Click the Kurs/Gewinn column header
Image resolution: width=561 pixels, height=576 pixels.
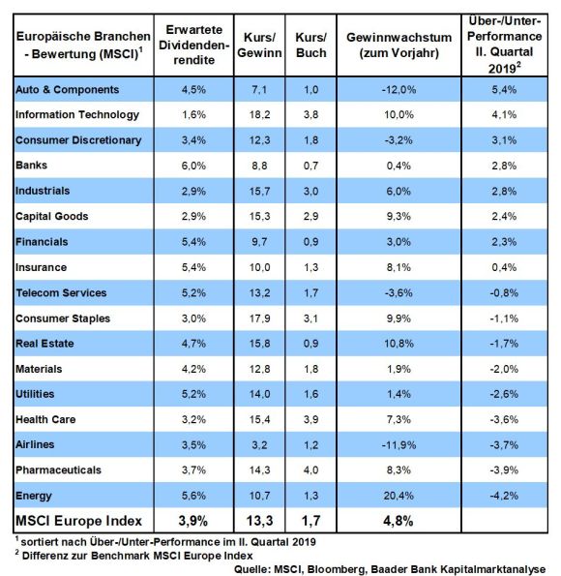tap(259, 45)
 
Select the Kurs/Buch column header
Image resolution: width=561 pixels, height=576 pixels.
tap(310, 45)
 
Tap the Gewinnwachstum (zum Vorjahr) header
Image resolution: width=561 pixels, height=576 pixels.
tap(399, 45)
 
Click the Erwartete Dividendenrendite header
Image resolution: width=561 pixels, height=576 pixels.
tap(193, 45)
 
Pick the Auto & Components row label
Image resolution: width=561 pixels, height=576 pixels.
tap(67, 90)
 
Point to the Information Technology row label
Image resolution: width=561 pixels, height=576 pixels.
tap(77, 115)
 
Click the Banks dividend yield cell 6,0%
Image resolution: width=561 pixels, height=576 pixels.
tap(193, 166)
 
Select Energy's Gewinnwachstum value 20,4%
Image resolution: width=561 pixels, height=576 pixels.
tap(399, 496)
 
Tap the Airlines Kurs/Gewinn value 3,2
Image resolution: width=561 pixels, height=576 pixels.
tap(259, 445)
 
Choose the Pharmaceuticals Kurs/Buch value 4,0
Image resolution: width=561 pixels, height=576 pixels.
tap(310, 470)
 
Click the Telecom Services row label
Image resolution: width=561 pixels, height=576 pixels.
tap(61, 292)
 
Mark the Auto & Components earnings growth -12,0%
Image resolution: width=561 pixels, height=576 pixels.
tap(399, 90)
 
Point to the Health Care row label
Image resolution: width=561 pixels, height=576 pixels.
tap(45, 419)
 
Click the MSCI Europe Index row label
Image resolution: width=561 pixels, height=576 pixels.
tap(78, 521)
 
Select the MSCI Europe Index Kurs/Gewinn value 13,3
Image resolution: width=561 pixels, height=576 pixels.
tap(259, 521)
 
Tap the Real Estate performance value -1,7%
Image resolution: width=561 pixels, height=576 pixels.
tap(504, 344)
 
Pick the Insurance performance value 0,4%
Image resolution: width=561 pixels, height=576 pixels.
tap(504, 267)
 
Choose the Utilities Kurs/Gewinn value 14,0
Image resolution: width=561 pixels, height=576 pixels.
tap(259, 394)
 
